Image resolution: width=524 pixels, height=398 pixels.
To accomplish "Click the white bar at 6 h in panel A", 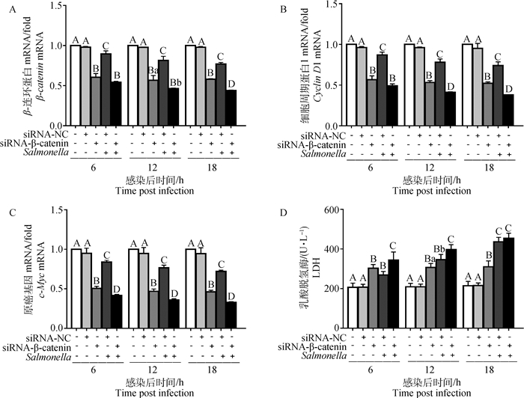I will coord(75,82).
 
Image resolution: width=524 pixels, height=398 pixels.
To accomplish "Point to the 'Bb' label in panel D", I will coord(440,248).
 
